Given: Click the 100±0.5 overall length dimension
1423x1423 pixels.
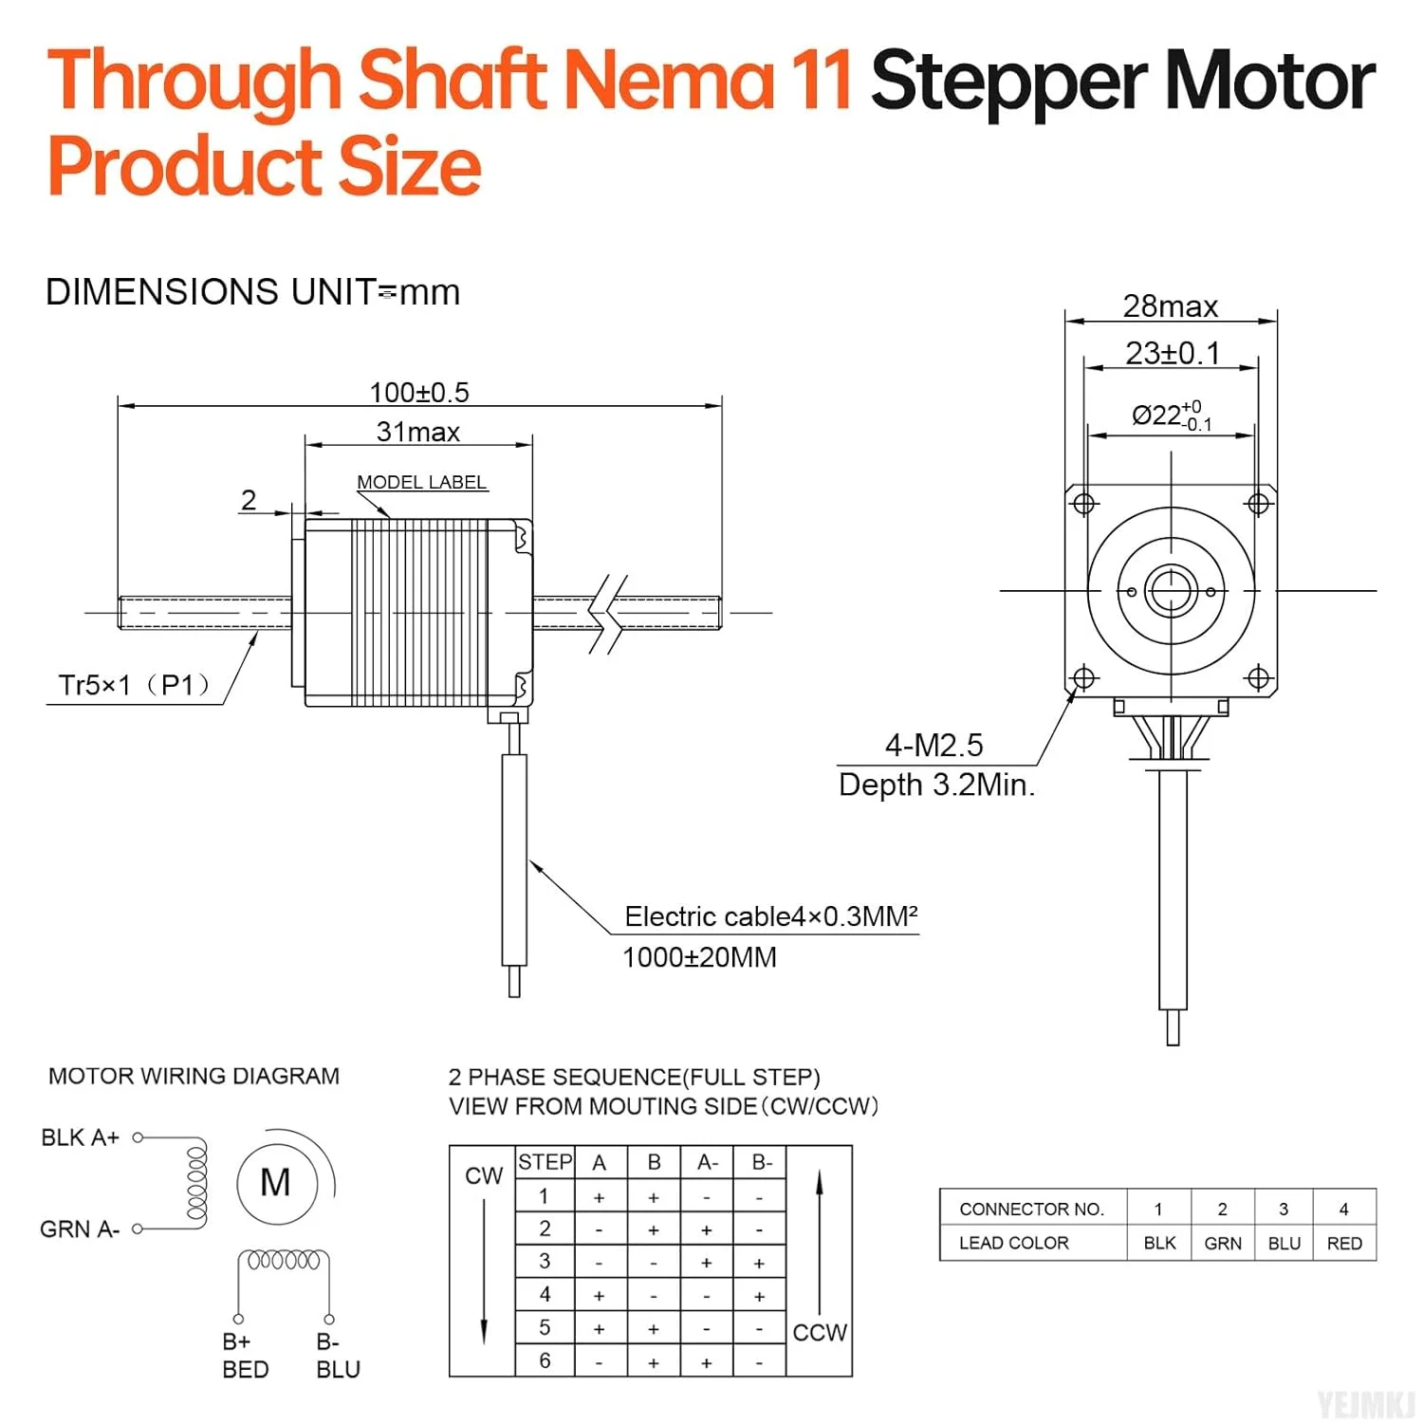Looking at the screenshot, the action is [x=419, y=392].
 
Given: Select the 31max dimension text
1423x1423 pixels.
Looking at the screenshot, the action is [x=418, y=432].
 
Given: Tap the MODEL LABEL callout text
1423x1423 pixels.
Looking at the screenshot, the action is [x=422, y=482].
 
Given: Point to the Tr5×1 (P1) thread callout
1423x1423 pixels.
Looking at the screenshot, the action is [x=134, y=685].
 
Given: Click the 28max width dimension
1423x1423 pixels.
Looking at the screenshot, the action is [x=1171, y=306].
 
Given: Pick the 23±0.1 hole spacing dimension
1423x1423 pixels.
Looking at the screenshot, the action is [x=1173, y=353].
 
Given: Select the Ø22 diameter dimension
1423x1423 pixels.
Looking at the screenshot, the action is [x=1172, y=416].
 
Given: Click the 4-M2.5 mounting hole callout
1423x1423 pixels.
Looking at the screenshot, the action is [x=934, y=746].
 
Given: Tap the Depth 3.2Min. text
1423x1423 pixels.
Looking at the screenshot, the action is [x=937, y=785].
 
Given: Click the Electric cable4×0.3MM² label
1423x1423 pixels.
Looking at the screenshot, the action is [x=771, y=916].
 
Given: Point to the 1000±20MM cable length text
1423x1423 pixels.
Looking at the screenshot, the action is [x=699, y=957].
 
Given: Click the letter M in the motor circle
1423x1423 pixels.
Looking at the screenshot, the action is [x=275, y=1183].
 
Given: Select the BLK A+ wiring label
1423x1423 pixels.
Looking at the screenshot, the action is [x=81, y=1137].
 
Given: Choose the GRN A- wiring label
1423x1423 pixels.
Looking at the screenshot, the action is [x=80, y=1229].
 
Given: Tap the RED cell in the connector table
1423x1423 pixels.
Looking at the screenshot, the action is [x=1344, y=1243].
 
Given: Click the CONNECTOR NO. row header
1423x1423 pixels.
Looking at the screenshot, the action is [x=1032, y=1210].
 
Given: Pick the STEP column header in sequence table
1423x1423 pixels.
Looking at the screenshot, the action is [x=545, y=1162].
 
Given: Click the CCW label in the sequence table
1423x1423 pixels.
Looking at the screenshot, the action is [x=820, y=1333].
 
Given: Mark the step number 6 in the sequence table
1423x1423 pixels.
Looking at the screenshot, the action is [x=545, y=1360].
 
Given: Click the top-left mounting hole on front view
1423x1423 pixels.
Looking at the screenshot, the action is [x=1084, y=503].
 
